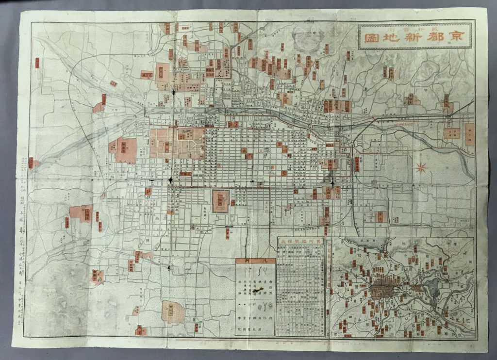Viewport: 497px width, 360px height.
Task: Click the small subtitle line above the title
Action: (415, 28)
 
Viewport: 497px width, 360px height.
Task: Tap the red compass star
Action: (420, 168)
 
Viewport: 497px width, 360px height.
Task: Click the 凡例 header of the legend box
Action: (255, 261)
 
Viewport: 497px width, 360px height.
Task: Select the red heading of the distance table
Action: (300, 241)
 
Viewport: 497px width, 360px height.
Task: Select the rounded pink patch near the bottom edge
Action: (173, 311)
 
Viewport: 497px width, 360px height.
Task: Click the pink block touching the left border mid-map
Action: (33, 164)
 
